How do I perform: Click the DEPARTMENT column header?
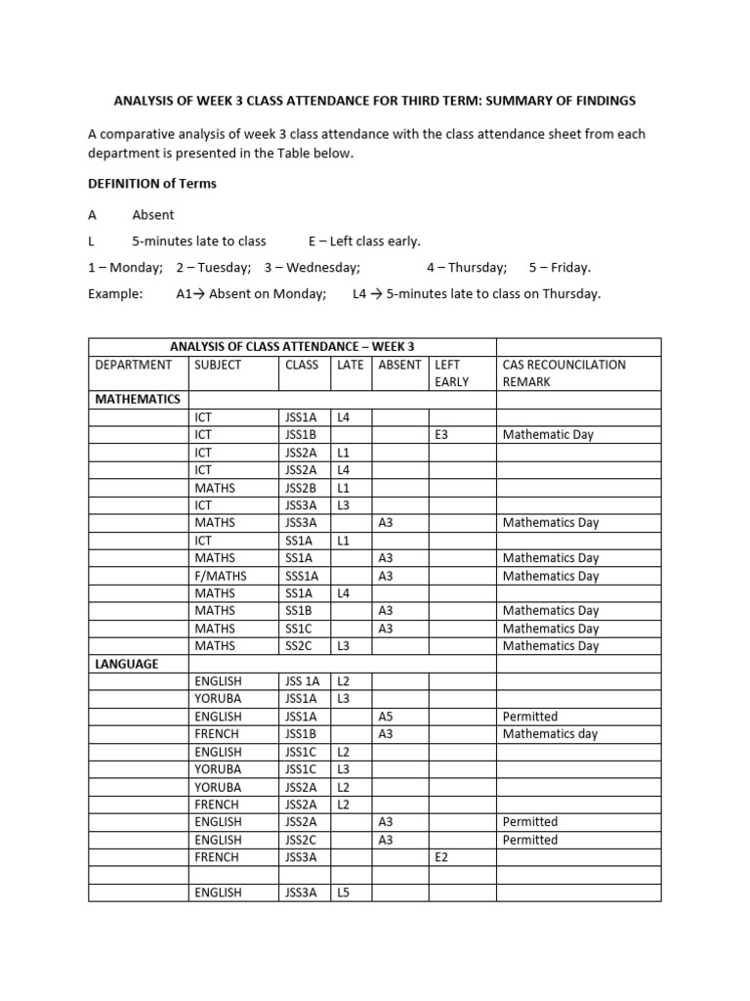[133, 365]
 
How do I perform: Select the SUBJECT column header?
[218, 365]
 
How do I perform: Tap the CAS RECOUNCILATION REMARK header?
[563, 372]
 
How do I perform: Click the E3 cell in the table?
[441, 434]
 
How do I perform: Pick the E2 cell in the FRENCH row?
[441, 856]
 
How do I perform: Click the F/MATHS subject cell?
[221, 576]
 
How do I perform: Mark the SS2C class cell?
[299, 646]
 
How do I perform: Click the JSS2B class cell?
[301, 487]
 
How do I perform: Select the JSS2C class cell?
[301, 840]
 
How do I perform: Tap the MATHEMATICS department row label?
[137, 399]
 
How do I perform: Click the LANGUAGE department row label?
[126, 664]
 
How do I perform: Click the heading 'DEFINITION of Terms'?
[151, 183]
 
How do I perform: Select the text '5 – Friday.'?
[560, 267]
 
